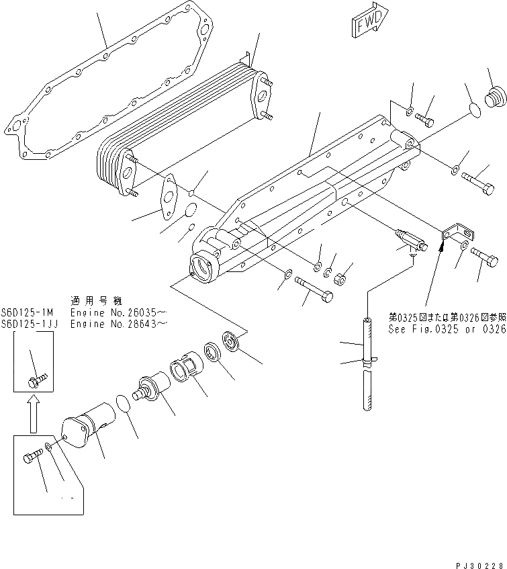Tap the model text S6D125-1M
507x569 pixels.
28,313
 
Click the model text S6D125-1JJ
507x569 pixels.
30,323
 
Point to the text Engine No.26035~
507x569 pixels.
118,313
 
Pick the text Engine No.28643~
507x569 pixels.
118,323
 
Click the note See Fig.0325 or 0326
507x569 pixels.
447,330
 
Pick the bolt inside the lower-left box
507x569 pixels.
32,459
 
